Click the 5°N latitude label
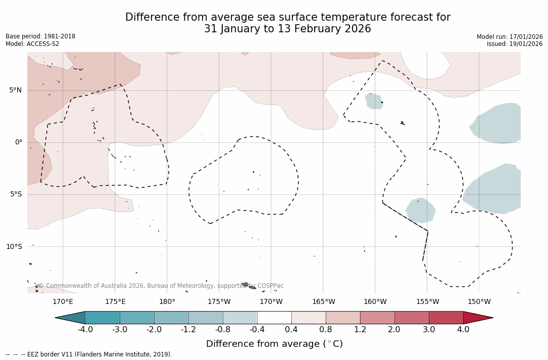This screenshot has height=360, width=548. click(x=15, y=90)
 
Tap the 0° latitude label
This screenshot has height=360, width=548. click(x=18, y=142)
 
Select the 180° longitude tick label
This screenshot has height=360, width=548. click(x=167, y=302)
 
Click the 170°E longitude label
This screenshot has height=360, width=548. click(x=63, y=302)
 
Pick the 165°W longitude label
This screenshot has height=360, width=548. click(x=323, y=302)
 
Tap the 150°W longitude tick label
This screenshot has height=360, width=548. click(x=479, y=302)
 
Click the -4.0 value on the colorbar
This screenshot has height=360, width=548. click(x=85, y=330)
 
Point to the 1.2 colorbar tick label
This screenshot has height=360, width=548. click(x=360, y=330)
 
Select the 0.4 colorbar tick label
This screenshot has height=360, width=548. click(x=291, y=330)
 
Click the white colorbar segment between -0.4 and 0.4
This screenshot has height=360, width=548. click(x=274, y=318)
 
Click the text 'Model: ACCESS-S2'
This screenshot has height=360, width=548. click(x=32, y=44)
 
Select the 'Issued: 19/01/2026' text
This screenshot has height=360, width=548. click(x=515, y=44)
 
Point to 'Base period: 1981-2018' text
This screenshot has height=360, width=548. click(x=40, y=36)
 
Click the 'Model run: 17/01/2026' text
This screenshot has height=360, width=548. click(x=510, y=37)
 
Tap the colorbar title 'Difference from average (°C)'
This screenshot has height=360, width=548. click(x=274, y=344)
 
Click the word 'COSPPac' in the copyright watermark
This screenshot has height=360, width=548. click(x=271, y=286)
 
